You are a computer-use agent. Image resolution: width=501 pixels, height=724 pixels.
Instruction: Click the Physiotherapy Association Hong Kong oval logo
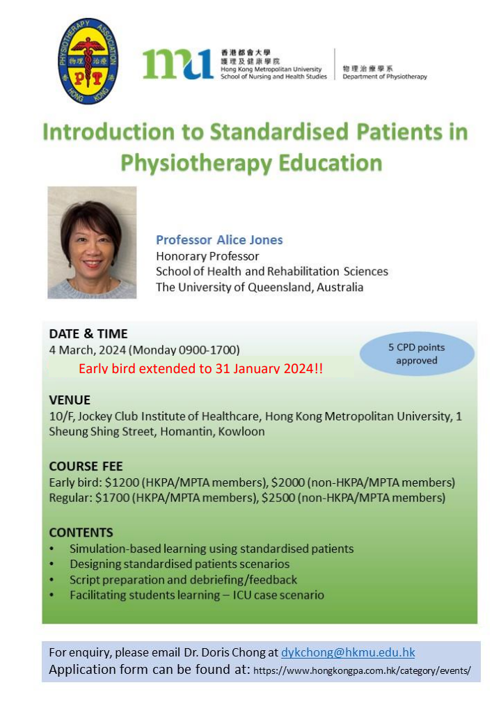[x=88, y=61]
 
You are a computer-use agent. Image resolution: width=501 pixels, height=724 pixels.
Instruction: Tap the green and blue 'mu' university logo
[x=177, y=64]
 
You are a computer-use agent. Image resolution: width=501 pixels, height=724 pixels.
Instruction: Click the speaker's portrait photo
[x=92, y=242]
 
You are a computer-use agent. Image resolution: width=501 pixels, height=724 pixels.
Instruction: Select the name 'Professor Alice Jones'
[x=219, y=240]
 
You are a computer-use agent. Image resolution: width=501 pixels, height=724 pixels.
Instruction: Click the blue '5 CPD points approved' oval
[x=417, y=354]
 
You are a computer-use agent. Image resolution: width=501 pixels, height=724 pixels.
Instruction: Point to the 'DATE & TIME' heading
[x=88, y=334]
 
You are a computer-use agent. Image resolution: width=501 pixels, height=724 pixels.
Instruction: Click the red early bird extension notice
[x=200, y=368]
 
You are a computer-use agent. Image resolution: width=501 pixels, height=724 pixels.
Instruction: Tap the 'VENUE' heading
[x=70, y=400]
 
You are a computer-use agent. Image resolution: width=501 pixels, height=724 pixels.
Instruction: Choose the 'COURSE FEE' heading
[x=86, y=466]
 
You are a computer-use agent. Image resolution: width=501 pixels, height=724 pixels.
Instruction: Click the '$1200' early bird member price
[x=122, y=482]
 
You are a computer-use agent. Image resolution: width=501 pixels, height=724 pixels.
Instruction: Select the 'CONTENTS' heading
[x=81, y=533]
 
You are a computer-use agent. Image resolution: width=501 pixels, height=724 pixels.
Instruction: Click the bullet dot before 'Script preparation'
[x=51, y=580]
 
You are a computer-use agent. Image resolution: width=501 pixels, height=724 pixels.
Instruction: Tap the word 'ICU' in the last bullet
[x=241, y=595]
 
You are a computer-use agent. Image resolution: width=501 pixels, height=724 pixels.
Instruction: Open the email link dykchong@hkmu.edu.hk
[x=348, y=652]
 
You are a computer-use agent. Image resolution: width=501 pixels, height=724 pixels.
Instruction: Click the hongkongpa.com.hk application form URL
[x=362, y=670]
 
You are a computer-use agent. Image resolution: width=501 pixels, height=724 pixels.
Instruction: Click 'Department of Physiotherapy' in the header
[x=385, y=77]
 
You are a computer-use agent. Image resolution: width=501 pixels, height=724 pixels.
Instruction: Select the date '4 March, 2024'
[x=88, y=350]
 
